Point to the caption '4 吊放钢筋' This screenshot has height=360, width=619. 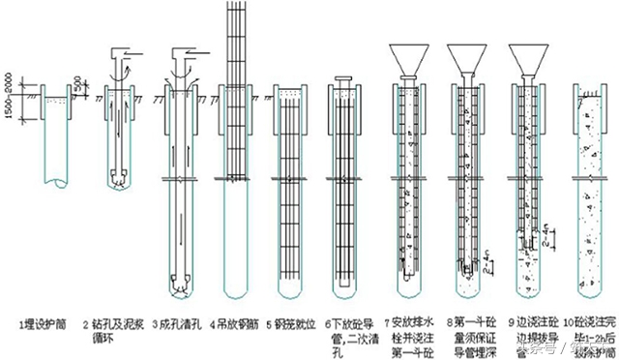point(238,317)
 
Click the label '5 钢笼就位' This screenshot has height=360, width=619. point(295,317)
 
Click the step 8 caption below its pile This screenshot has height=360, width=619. point(471,329)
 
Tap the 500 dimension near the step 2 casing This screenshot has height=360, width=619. point(92,81)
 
